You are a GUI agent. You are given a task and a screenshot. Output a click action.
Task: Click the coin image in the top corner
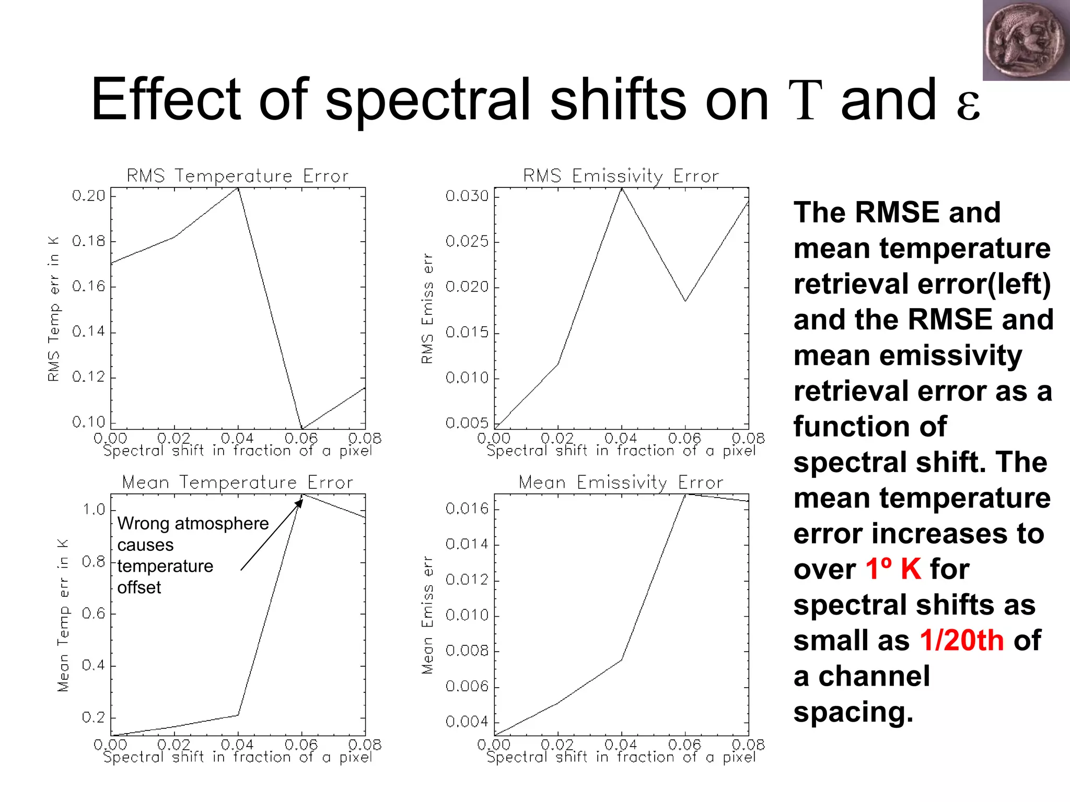point(1026,41)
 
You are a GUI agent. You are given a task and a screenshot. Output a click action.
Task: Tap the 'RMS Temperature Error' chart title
point(238,176)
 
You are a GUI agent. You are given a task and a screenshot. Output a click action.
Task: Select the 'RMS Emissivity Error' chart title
point(621,176)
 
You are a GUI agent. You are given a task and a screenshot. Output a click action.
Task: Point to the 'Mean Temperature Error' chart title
point(238,482)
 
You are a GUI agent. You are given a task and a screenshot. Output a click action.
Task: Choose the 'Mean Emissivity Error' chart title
point(621,482)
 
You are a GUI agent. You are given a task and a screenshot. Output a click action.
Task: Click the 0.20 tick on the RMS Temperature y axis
point(89,196)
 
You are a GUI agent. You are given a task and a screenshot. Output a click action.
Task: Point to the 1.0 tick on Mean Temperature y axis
point(94,510)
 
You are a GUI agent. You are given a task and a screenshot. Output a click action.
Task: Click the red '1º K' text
point(893,569)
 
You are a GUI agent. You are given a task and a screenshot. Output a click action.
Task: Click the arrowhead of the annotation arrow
point(300,502)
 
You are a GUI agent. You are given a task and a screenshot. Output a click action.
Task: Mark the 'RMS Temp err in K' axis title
point(54,309)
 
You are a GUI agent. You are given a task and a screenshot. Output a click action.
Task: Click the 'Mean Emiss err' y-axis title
point(427,615)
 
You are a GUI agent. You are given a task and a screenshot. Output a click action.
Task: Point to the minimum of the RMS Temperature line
point(302,428)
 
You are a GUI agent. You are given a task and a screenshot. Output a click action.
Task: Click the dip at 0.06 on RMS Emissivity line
point(685,301)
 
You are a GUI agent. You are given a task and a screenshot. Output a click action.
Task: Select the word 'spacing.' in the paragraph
point(853,712)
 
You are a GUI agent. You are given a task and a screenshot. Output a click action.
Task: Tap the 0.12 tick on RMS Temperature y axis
point(89,377)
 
